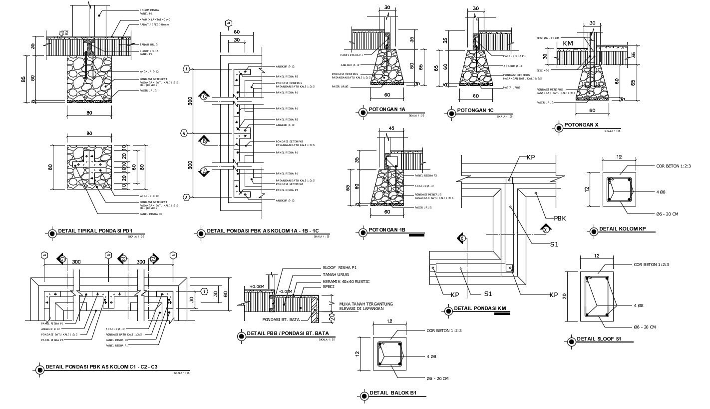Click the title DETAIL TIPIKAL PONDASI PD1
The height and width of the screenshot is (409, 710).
(x=95, y=231)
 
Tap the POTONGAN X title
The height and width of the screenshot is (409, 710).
(x=581, y=125)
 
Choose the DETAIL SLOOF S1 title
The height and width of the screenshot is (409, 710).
(x=599, y=339)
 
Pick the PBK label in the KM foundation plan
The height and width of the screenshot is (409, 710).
(x=561, y=218)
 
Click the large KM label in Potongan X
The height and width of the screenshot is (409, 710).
(x=568, y=43)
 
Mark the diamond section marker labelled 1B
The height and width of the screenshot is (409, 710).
(x=204, y=141)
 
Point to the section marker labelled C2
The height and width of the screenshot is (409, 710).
(x=122, y=259)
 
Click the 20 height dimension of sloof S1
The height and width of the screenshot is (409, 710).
(x=565, y=296)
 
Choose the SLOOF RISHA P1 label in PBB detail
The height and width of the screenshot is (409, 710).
(x=340, y=268)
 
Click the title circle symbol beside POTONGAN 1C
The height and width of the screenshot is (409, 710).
(x=451, y=111)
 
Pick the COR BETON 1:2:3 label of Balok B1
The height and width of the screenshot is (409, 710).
(x=444, y=330)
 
